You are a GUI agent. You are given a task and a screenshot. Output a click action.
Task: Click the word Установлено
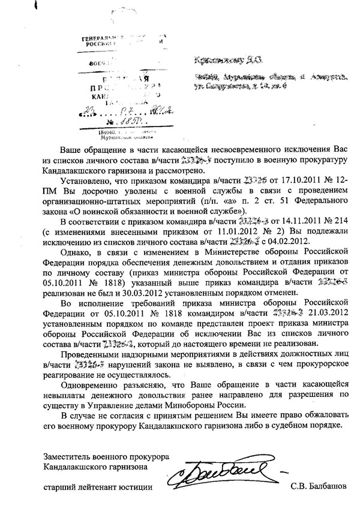(x=87, y=179)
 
